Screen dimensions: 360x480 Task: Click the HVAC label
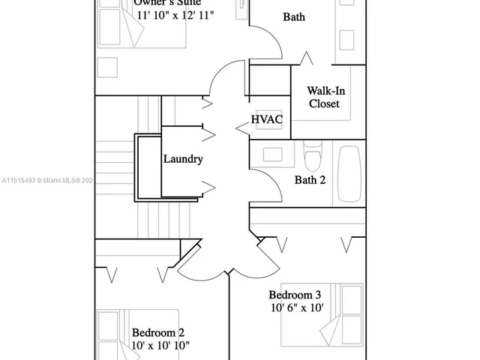point(267,120)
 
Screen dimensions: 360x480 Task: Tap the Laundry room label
point(183,159)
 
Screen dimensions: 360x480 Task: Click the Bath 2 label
point(309,179)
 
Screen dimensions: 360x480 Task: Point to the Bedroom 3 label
point(295,293)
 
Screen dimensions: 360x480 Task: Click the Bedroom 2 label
point(158,332)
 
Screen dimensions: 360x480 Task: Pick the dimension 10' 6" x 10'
point(296,307)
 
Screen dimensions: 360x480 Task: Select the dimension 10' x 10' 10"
point(160,346)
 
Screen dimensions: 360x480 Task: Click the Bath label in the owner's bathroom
point(294,16)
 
